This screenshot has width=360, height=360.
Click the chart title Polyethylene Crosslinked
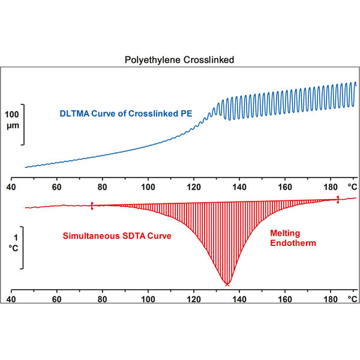tap(179, 60)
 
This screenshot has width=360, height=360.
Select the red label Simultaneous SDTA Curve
tap(118, 236)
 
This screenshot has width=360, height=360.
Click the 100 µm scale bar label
tap(13, 119)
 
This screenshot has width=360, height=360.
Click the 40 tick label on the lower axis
tap(11, 298)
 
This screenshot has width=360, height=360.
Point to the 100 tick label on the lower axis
tap(148, 298)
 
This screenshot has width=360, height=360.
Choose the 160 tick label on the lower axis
tap(285, 298)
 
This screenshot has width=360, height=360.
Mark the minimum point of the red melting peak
tap(227, 283)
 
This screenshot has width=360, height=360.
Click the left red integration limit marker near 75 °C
tap(92, 205)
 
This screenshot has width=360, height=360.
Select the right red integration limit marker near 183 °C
tap(338, 199)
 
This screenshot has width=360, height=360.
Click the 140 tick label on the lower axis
tap(239, 298)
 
